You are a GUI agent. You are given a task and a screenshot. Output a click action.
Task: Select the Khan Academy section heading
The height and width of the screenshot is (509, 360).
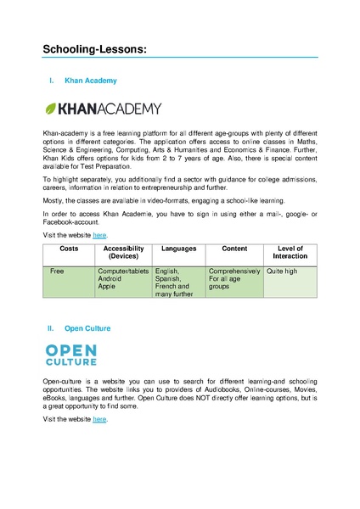pos(91,81)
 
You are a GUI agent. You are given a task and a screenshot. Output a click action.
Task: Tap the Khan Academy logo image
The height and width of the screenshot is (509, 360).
pos(102,109)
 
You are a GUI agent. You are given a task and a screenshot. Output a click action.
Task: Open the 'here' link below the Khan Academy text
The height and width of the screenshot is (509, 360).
pos(99,234)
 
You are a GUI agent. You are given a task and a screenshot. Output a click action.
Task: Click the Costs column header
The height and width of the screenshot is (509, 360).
pos(69,249)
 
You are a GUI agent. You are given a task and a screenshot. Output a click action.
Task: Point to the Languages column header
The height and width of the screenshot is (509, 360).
pos(178,249)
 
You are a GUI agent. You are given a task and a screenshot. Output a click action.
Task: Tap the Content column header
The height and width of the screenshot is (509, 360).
pos(233,249)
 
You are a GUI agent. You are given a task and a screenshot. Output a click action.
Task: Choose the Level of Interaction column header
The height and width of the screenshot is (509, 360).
pos(290,252)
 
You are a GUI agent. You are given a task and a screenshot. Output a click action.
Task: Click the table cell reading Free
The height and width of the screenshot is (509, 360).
pos(58,271)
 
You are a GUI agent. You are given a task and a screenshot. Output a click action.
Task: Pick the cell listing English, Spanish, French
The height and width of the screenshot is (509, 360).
pos(178,282)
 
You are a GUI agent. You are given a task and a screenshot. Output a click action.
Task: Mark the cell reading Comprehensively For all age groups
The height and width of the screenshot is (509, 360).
pos(233,279)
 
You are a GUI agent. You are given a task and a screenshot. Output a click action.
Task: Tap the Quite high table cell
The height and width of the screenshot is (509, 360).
pos(282,271)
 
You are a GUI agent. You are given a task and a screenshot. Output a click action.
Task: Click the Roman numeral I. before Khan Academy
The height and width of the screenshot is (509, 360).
pos(52,81)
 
